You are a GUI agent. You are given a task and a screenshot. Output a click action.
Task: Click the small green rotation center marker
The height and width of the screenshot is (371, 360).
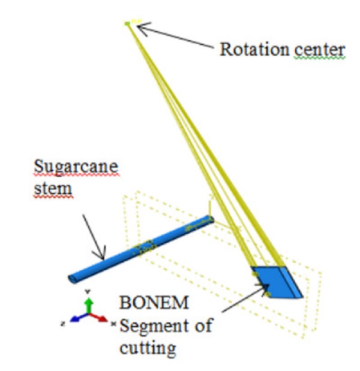[127, 23]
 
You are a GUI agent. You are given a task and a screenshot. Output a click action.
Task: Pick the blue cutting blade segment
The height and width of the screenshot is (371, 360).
[278, 281]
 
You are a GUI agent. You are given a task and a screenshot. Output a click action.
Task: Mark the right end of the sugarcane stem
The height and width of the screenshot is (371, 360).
[209, 220]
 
